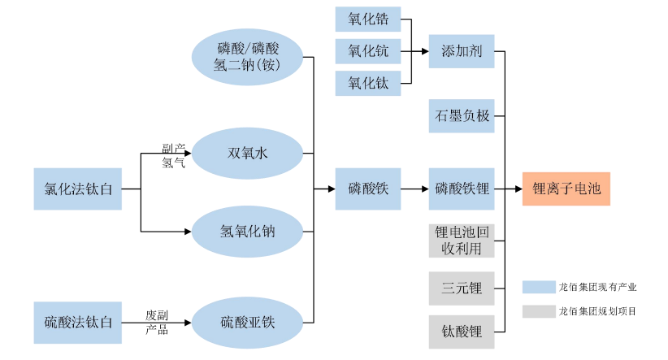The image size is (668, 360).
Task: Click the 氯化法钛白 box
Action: (78, 189)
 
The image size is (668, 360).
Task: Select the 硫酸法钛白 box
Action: (78, 322)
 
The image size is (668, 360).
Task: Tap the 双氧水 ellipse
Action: (247, 153)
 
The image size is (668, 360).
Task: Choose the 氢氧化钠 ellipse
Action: (247, 232)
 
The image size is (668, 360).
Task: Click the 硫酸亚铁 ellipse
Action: (247, 322)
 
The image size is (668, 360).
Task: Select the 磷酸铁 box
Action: (368, 189)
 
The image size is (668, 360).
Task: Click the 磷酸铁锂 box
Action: (462, 189)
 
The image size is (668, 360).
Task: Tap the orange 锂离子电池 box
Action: (566, 189)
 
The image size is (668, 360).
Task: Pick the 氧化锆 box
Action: (368, 20)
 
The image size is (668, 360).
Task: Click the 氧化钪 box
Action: (368, 51)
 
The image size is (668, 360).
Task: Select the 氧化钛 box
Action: (368, 83)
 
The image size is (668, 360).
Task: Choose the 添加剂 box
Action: (462, 51)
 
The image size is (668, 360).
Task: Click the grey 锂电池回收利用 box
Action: (462, 241)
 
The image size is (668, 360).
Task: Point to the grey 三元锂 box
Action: (462, 288)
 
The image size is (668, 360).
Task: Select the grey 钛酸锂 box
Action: (462, 332)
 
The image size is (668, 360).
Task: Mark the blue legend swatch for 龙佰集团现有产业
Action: (537, 287)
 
